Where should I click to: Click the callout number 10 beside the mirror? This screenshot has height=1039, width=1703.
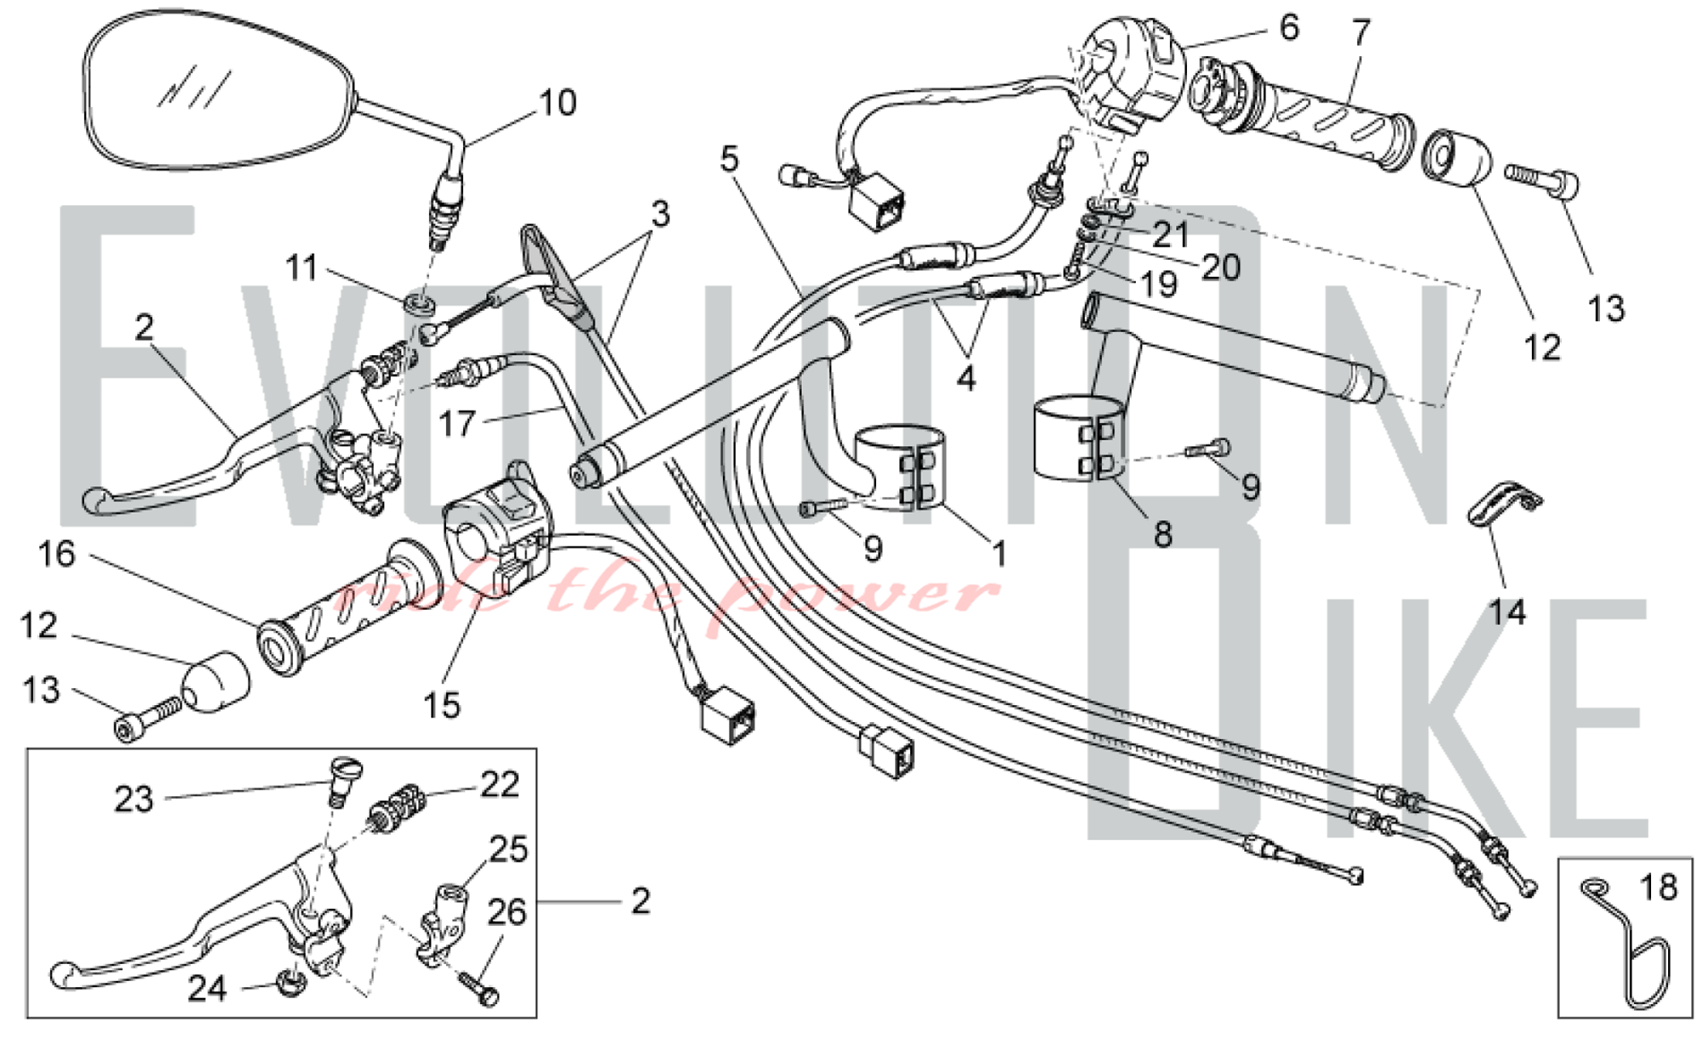click(x=558, y=103)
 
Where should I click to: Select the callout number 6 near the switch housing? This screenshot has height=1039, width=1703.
click(x=1289, y=28)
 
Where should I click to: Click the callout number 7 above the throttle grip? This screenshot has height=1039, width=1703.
click(x=1362, y=33)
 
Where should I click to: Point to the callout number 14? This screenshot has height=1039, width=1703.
click(x=1506, y=611)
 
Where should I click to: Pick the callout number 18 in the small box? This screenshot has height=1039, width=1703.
click(x=1658, y=887)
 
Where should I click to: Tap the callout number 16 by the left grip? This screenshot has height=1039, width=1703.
click(x=57, y=554)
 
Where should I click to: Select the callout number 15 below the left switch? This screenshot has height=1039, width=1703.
click(x=441, y=705)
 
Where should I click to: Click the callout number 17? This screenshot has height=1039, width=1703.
click(x=457, y=423)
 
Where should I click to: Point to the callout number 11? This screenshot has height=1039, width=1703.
click(x=301, y=268)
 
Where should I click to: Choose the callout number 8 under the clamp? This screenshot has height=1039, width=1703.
click(x=1162, y=534)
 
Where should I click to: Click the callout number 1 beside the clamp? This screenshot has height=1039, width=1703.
click(x=1000, y=554)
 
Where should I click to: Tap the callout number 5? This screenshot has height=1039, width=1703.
click(x=729, y=159)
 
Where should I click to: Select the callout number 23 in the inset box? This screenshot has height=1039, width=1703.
click(x=134, y=800)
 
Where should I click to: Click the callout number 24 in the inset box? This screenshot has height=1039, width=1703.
click(x=207, y=989)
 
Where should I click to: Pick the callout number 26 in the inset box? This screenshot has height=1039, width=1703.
click(x=507, y=913)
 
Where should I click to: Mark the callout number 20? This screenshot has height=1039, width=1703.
click(x=1221, y=267)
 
